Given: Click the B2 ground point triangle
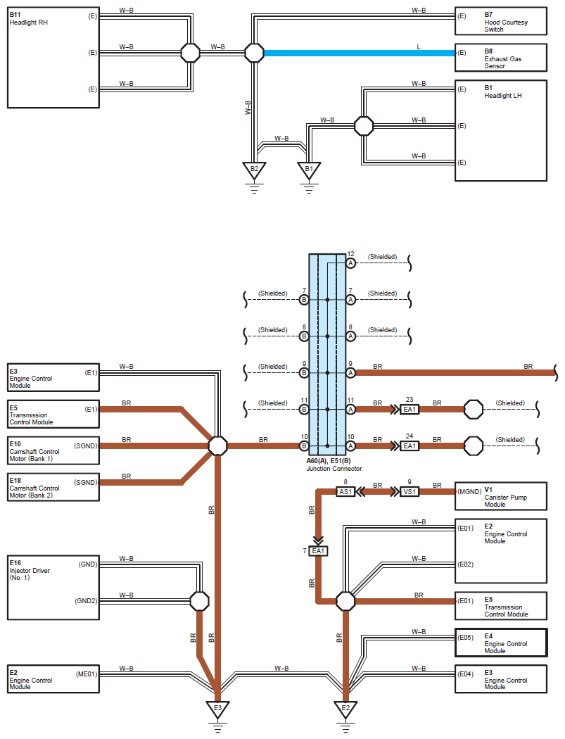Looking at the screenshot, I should click(x=254, y=170).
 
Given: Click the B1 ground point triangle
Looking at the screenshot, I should click(x=307, y=170).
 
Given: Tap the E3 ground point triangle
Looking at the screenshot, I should click(x=217, y=707).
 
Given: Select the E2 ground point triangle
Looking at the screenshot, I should click(x=345, y=707).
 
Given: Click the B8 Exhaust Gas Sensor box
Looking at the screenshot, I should click(x=500, y=58).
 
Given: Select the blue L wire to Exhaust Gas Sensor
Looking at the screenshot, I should click(x=359, y=53).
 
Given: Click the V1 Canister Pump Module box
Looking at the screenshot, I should click(x=500, y=496).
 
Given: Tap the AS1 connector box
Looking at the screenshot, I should click(x=345, y=491).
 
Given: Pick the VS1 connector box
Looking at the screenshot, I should click(x=410, y=491).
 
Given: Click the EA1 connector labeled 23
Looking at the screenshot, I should click(x=410, y=409).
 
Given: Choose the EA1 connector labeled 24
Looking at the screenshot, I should click(x=410, y=446).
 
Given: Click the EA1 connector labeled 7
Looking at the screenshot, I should click(x=319, y=550).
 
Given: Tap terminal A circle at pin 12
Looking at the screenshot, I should click(x=350, y=263).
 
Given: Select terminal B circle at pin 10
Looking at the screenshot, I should click(x=304, y=446).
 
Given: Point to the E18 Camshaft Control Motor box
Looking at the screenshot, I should click(x=53, y=487).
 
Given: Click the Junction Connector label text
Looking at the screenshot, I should click(x=334, y=468).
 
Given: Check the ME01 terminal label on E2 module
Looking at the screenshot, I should click(x=87, y=674).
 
